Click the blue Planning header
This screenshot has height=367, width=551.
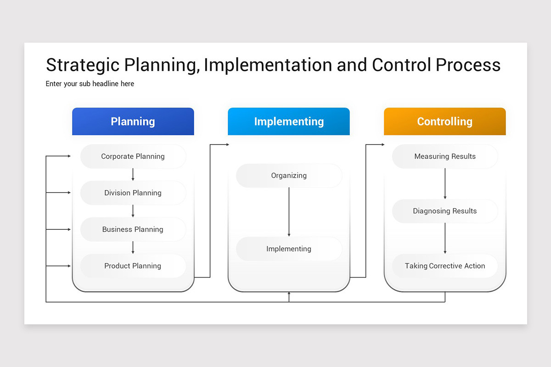pyautogui.click(x=133, y=122)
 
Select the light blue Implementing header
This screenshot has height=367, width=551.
pyautogui.click(x=289, y=122)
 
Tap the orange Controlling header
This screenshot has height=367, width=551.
pyautogui.click(x=444, y=122)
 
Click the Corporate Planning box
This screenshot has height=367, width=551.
pyautogui.click(x=133, y=156)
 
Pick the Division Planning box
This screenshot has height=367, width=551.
pyautogui.click(x=133, y=193)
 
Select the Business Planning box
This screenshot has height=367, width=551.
pyautogui.click(x=133, y=229)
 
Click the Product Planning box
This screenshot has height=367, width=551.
pyautogui.click(x=133, y=266)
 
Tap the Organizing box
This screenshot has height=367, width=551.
pyautogui.click(x=289, y=175)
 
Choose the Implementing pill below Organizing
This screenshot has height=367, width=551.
pyautogui.click(x=289, y=249)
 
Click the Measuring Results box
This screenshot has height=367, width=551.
pyautogui.click(x=444, y=156)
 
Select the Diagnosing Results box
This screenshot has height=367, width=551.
pyautogui.click(x=444, y=211)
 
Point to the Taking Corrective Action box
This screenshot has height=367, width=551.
pyautogui.click(x=444, y=266)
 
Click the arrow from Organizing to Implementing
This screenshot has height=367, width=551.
pyautogui.click(x=289, y=212)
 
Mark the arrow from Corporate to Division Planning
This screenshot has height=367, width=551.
pyautogui.click(x=133, y=174)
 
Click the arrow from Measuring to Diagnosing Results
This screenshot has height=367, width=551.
pyautogui.click(x=444, y=183)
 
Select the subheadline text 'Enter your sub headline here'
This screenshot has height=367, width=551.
pyautogui.click(x=90, y=83)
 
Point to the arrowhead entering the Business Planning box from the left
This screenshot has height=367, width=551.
pyautogui.click(x=69, y=229)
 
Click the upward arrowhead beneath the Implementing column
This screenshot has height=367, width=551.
pyautogui.click(x=289, y=294)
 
